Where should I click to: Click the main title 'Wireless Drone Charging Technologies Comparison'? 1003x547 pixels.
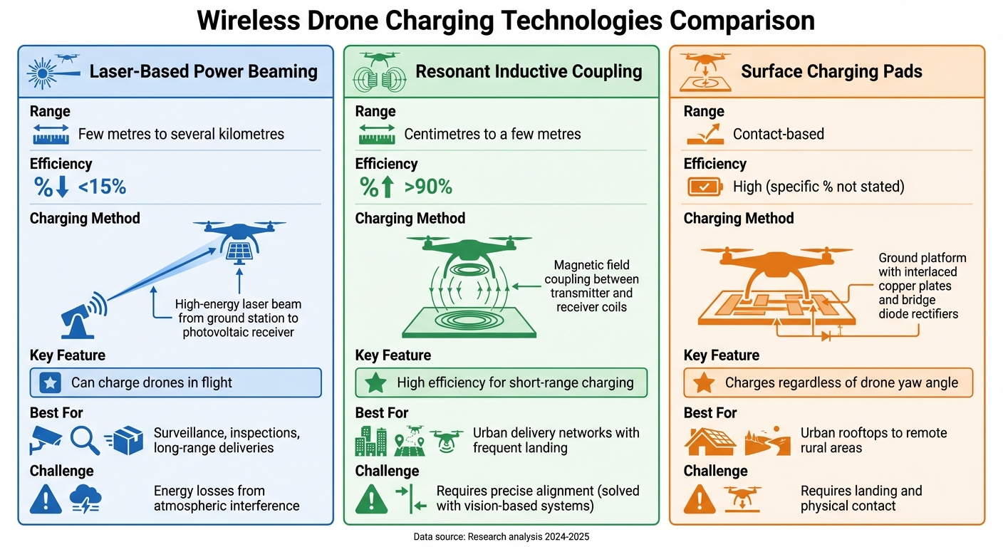click(505, 20)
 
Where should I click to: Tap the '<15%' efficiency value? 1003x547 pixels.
click(102, 187)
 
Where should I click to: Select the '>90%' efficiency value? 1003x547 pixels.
click(428, 187)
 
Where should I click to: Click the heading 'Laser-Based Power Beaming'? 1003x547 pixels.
click(203, 71)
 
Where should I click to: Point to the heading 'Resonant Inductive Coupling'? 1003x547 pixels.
click(529, 71)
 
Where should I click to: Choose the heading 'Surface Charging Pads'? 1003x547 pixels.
click(831, 71)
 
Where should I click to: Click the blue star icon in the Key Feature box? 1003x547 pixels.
click(51, 382)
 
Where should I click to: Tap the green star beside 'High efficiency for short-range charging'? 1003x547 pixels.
click(375, 382)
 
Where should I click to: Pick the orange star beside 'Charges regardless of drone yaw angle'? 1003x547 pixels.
click(704, 382)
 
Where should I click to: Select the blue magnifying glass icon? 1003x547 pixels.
click(84, 440)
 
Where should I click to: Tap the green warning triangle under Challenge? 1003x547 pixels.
click(370, 499)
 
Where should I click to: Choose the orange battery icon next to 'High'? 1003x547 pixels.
click(704, 187)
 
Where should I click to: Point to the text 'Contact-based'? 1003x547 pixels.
click(778, 134)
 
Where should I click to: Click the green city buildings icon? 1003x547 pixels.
click(370, 441)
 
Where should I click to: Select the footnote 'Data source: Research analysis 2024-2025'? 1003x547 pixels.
click(501, 536)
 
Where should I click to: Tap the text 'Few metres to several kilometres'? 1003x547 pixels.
click(181, 134)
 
